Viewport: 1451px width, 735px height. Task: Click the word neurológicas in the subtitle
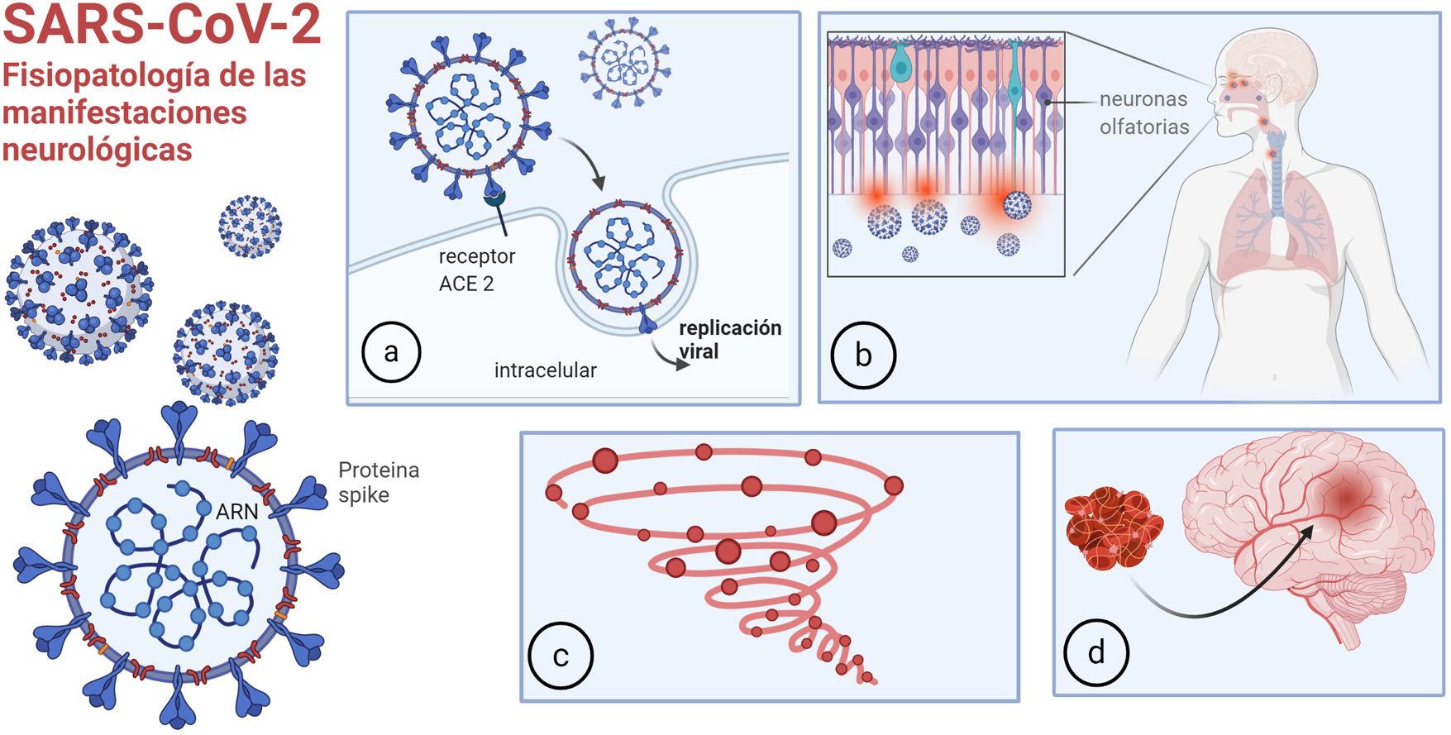pos(97,149)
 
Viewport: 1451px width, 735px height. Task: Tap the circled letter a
pos(392,351)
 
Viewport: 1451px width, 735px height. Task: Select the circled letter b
pos(863,356)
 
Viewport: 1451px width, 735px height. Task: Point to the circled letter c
pos(561,656)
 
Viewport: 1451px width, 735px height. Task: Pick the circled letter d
pos(1096,652)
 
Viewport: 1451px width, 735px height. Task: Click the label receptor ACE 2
pos(476,270)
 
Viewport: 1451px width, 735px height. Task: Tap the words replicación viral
pos(729,339)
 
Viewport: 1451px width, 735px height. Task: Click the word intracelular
pos(545,370)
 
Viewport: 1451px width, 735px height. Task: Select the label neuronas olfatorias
pos(1143,112)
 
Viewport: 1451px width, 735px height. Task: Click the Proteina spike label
pos(378,482)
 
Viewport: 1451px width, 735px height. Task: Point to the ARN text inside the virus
pos(236,512)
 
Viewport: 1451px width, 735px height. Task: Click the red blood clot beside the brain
pos(1114,529)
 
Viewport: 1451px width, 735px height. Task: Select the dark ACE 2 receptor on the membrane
pos(496,198)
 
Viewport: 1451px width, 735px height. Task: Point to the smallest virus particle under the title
pos(250,227)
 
